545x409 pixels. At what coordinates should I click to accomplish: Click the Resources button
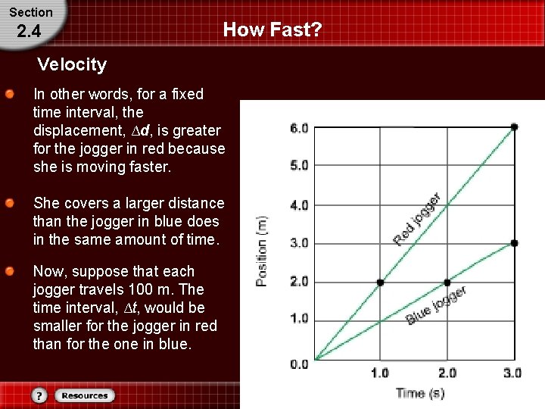pyautogui.click(x=85, y=395)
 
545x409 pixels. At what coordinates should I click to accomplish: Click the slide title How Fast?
pyautogui.click(x=272, y=30)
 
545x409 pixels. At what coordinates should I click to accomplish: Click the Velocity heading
pyautogui.click(x=72, y=64)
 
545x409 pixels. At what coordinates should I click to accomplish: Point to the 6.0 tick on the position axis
pyautogui.click(x=299, y=128)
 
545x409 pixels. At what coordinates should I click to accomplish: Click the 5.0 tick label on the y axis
pyautogui.click(x=299, y=164)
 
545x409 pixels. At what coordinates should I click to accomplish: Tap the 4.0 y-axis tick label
pyautogui.click(x=299, y=204)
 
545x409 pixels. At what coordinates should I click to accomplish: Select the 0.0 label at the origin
pyautogui.click(x=299, y=364)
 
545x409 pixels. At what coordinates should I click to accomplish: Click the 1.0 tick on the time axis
pyautogui.click(x=379, y=373)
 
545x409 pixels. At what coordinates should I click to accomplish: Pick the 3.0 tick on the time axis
pyautogui.click(x=512, y=373)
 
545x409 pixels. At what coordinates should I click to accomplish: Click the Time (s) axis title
pyautogui.click(x=419, y=393)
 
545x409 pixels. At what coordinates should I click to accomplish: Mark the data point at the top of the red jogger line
pyautogui.click(x=514, y=126)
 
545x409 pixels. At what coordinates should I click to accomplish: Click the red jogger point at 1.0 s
pyautogui.click(x=380, y=283)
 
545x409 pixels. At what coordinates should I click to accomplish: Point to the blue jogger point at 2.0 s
pyautogui.click(x=447, y=283)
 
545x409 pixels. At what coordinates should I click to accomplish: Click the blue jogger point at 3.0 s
pyautogui.click(x=514, y=243)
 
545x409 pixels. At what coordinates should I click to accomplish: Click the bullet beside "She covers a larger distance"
pyautogui.click(x=9, y=204)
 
